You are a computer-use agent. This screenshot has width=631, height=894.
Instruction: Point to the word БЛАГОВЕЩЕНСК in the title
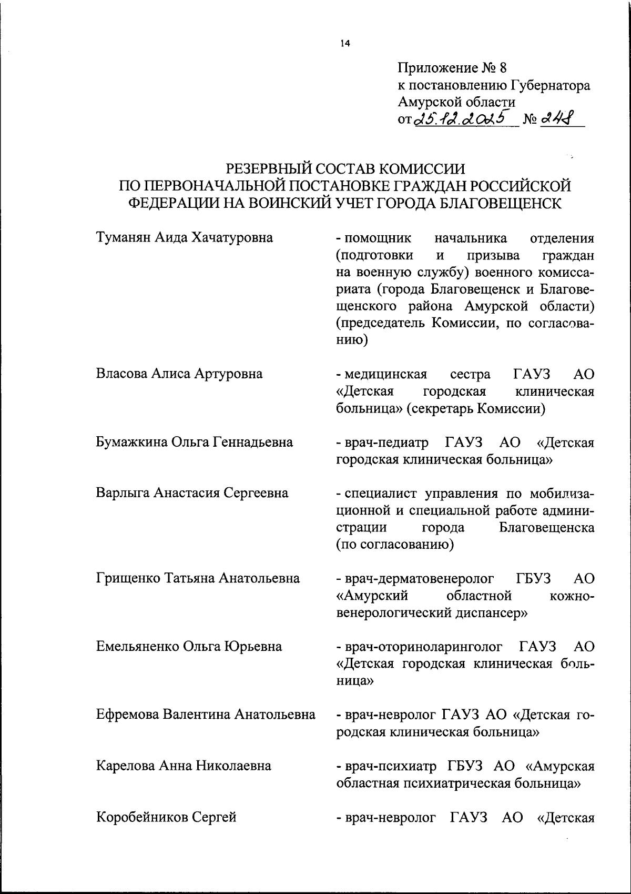pyautogui.click(x=506, y=204)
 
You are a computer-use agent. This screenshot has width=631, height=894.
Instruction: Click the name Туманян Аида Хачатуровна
pyautogui.click(x=185, y=238)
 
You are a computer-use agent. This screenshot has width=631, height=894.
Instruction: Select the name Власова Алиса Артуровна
pyautogui.click(x=179, y=374)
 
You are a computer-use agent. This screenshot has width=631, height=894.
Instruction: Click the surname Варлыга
pyautogui.click(x=124, y=493)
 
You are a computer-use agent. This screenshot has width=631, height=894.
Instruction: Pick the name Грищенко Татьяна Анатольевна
pyautogui.click(x=198, y=578)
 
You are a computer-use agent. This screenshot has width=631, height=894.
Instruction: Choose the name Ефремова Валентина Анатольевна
pyautogui.click(x=206, y=715)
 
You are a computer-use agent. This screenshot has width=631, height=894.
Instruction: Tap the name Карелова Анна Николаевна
pyautogui.click(x=184, y=766)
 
